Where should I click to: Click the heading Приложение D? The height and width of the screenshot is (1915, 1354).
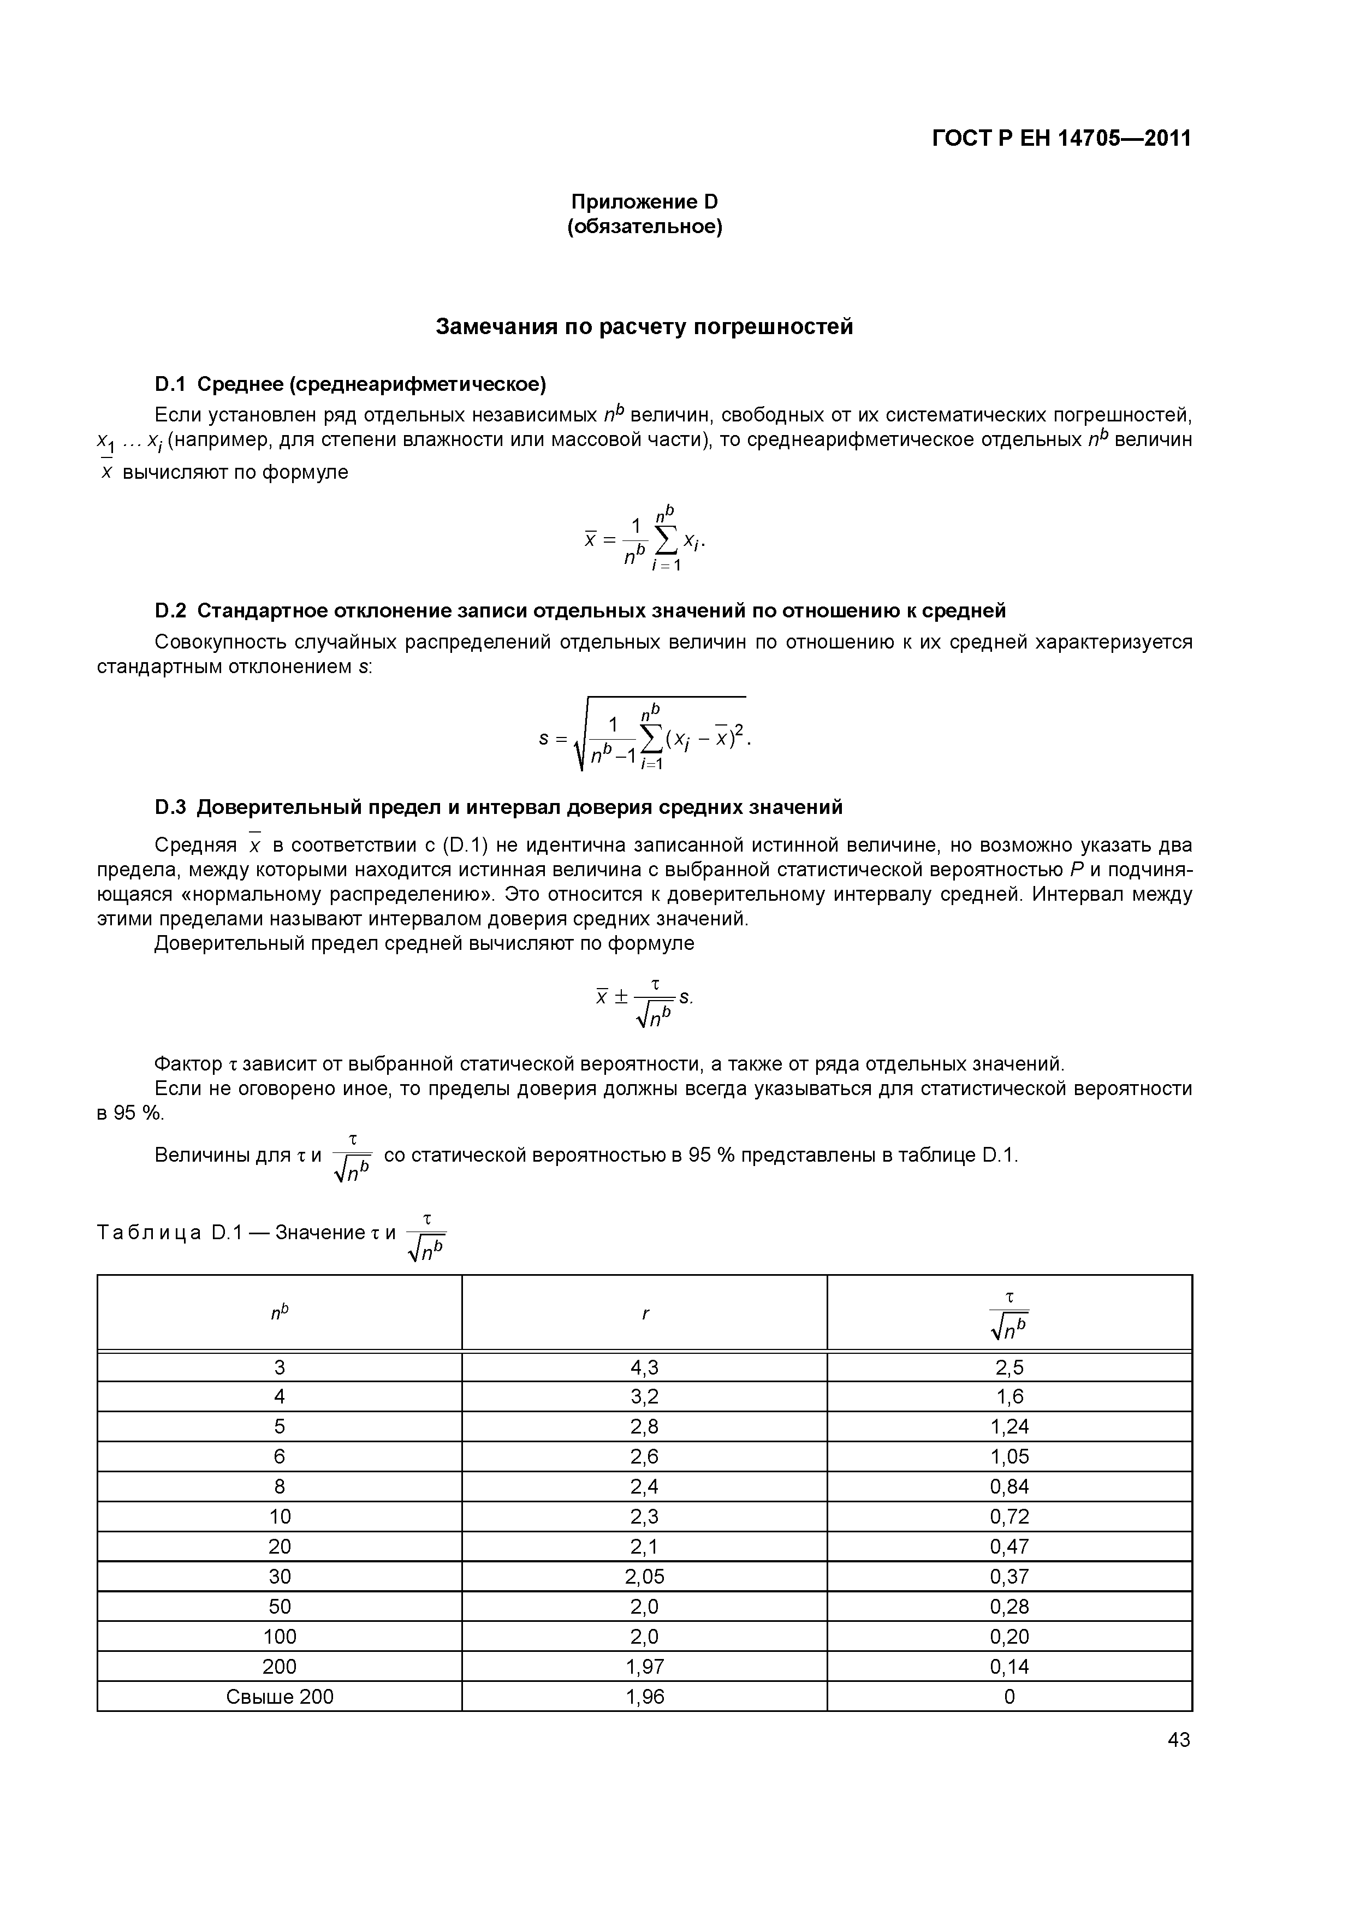point(644,202)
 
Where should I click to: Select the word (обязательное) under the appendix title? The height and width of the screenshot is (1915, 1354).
point(644,227)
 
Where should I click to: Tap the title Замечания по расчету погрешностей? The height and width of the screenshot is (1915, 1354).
point(644,327)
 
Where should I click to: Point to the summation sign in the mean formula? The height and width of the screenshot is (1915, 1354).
point(666,542)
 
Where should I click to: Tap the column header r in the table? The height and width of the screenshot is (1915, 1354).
point(645,1313)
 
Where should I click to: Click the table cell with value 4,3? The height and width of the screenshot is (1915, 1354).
point(644,1367)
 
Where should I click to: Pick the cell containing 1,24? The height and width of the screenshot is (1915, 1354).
point(1009,1427)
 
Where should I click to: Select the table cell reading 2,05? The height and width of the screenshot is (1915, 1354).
point(644,1577)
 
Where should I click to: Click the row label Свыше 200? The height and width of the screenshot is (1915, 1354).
point(280,1697)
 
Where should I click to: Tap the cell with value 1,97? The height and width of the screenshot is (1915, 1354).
point(644,1667)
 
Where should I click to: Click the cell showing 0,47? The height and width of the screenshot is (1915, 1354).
point(1009,1547)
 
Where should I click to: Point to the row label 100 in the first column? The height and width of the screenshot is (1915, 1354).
point(280,1637)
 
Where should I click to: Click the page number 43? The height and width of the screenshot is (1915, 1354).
point(1179,1740)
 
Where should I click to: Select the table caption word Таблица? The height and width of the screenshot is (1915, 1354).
point(149,1233)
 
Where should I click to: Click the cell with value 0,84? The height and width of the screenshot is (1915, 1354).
point(1009,1486)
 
